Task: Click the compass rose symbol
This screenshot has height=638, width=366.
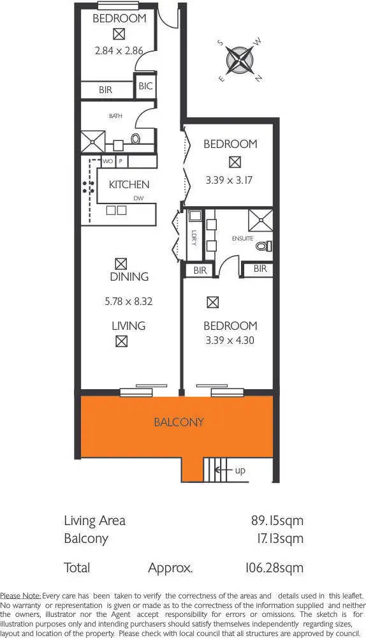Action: (241, 61)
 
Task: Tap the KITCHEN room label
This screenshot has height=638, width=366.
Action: (129, 185)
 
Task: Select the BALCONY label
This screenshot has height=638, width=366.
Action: (179, 422)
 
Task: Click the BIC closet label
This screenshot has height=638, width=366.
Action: (145, 86)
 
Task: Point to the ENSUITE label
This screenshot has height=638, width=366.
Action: (243, 238)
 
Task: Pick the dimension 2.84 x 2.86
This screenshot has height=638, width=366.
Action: (119, 51)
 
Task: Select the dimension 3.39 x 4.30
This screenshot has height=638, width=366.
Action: (230, 340)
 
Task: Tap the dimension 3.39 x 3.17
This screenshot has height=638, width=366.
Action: (230, 180)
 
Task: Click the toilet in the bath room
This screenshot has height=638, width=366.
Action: (136, 138)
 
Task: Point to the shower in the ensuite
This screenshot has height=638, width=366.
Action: (260, 219)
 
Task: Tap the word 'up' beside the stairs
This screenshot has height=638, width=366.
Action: (240, 471)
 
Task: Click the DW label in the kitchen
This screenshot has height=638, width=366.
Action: (138, 198)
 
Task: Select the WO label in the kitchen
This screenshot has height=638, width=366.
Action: (108, 161)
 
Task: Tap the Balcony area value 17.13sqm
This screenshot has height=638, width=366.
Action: (278, 538)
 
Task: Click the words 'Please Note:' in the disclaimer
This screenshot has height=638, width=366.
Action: (20, 595)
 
